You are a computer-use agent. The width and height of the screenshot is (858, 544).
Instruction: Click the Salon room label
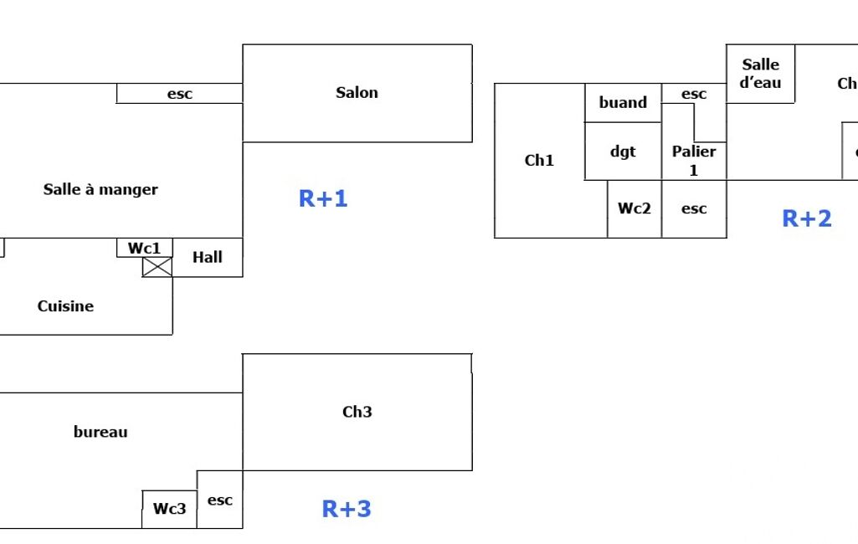click(357, 93)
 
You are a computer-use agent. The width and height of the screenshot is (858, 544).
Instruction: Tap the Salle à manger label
click(100, 190)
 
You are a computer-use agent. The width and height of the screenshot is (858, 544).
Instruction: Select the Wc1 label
click(144, 249)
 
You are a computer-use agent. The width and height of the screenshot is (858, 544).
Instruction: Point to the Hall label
click(208, 257)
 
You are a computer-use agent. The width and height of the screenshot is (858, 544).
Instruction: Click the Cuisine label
click(65, 306)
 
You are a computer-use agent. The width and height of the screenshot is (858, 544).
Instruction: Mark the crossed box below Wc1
click(157, 267)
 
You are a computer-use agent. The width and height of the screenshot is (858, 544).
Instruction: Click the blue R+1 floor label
click(323, 199)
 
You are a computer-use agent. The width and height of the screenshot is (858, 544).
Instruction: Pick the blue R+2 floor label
click(807, 218)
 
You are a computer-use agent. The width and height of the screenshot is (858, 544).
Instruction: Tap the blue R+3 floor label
click(347, 509)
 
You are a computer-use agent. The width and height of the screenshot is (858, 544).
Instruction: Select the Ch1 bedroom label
click(539, 161)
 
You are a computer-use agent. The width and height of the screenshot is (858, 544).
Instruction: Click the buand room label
click(623, 103)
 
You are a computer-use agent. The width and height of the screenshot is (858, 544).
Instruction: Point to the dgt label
click(623, 151)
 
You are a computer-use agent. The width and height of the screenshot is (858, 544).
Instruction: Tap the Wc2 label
click(635, 209)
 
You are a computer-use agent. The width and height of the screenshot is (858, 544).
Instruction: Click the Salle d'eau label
click(760, 74)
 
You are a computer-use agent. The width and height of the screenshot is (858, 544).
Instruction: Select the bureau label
click(100, 433)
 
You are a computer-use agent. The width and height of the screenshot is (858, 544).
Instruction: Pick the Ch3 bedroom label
click(357, 412)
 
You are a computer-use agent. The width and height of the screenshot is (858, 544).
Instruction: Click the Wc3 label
click(169, 508)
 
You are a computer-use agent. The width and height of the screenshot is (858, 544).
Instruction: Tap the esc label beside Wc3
click(220, 500)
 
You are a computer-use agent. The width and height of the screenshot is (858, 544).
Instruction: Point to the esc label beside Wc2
click(694, 209)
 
